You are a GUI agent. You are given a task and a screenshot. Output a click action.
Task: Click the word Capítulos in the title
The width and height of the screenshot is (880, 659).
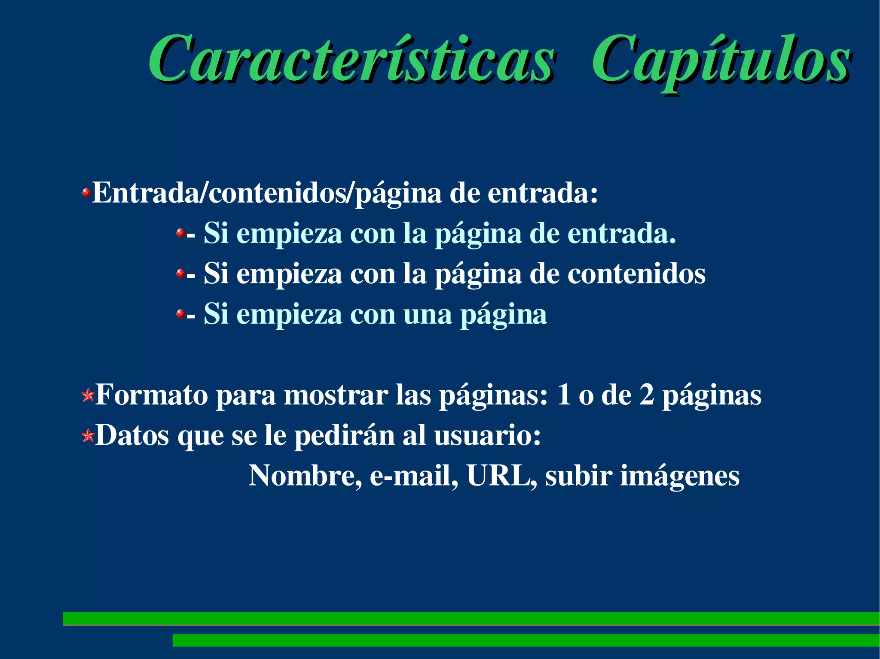pyautogui.click(x=721, y=60)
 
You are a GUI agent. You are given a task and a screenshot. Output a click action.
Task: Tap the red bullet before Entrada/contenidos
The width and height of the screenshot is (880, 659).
pyautogui.click(x=86, y=193)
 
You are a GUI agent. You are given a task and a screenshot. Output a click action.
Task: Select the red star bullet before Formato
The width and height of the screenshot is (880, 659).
pyautogui.click(x=88, y=395)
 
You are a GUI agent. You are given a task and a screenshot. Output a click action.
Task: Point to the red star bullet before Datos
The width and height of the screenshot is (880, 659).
pyautogui.click(x=88, y=436)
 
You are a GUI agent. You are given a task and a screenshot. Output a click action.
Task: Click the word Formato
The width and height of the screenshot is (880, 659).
pyautogui.click(x=151, y=395)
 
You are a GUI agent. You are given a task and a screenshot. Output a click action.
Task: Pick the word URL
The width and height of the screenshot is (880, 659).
pyautogui.click(x=498, y=476)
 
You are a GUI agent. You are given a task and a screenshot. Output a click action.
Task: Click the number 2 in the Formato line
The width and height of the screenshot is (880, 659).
pyautogui.click(x=647, y=395)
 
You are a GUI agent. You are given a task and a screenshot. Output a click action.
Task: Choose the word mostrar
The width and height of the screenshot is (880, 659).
pyautogui.click(x=336, y=395)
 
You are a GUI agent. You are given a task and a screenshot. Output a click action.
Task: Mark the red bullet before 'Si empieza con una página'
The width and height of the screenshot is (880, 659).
pyautogui.click(x=180, y=314)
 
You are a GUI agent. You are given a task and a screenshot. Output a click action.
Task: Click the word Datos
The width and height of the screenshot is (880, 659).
pyautogui.click(x=132, y=435)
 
